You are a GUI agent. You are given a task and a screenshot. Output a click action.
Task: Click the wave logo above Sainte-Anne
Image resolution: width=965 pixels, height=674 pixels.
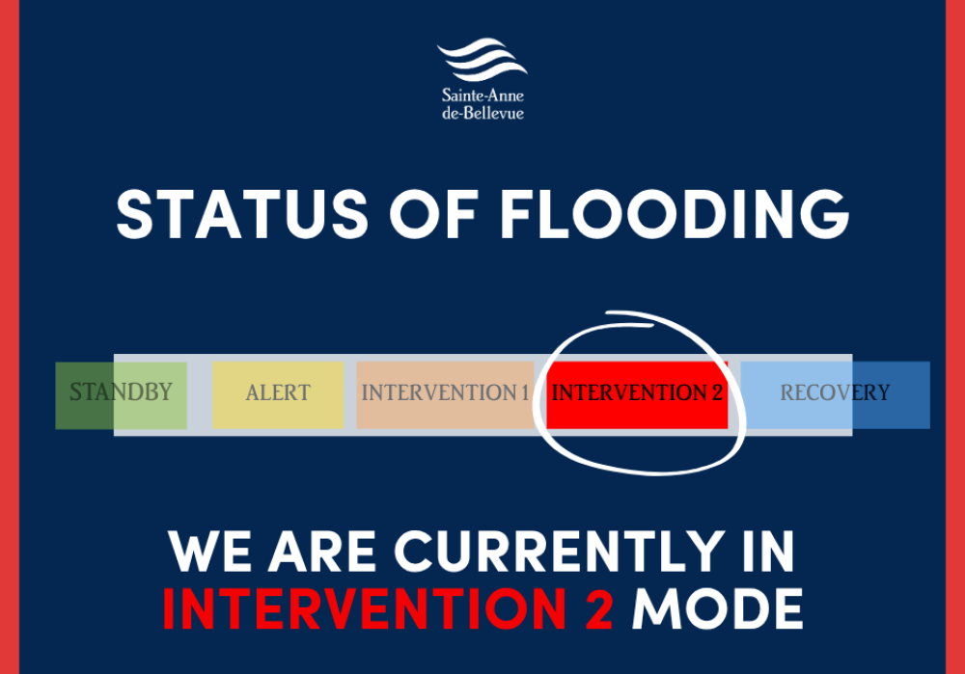[482, 61]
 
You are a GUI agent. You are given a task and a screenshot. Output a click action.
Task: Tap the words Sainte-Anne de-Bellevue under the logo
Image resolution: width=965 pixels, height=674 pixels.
[482, 104]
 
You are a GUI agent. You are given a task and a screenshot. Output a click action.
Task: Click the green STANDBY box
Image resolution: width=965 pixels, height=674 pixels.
[121, 393]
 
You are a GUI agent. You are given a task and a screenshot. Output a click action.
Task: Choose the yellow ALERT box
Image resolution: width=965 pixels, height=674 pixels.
[278, 393]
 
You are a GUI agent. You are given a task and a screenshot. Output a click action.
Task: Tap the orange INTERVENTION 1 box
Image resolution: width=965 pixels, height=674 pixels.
[445, 393]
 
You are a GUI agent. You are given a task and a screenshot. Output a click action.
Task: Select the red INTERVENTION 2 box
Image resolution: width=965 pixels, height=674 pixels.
[637, 393]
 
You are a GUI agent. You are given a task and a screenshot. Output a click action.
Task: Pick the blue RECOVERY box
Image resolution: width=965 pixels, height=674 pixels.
[835, 393]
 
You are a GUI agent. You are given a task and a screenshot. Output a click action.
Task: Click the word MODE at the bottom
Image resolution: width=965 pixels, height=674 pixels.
[718, 608]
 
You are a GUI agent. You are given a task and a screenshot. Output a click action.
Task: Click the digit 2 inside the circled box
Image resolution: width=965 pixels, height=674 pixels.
[716, 393]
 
